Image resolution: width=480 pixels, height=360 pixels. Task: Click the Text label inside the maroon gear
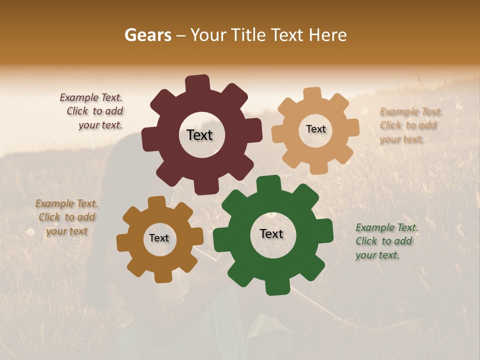click(x=199, y=135)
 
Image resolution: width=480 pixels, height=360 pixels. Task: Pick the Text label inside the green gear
click(x=271, y=233)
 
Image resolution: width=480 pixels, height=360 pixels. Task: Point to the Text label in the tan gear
click(x=315, y=129)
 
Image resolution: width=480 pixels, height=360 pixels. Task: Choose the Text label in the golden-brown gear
click(x=159, y=238)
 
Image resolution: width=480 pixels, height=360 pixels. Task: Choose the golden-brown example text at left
click(x=66, y=217)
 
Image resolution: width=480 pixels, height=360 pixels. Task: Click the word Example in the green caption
click(x=375, y=228)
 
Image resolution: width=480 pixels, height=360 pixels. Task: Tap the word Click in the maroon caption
click(x=77, y=111)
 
